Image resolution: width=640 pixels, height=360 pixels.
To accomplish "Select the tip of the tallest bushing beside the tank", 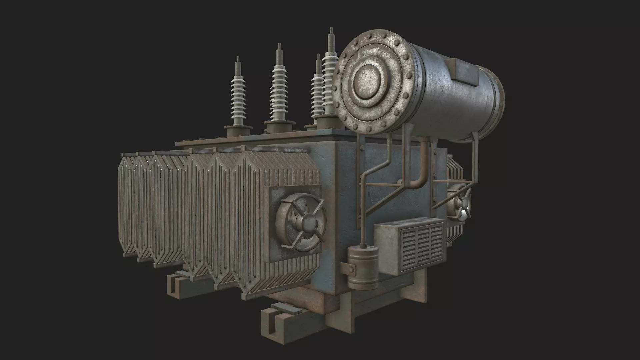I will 331,31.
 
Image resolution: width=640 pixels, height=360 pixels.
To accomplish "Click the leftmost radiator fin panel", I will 126,203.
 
